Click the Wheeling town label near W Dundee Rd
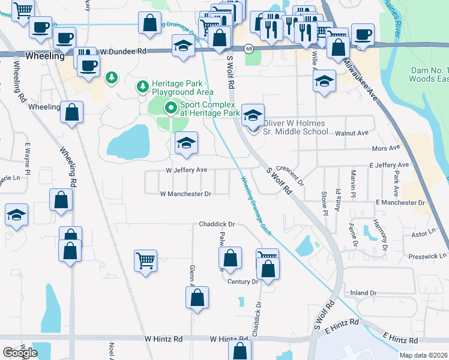point(45,56)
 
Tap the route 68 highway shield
point(248,47)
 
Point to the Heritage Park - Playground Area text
point(182,88)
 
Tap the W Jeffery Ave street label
point(187,170)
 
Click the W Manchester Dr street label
point(185,194)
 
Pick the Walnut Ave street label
point(352,133)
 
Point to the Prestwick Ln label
point(427,256)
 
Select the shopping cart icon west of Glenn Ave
point(145,260)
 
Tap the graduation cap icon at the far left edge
point(16,214)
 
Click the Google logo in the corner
point(19,353)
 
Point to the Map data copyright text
point(423,355)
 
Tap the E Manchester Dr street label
point(400,203)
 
